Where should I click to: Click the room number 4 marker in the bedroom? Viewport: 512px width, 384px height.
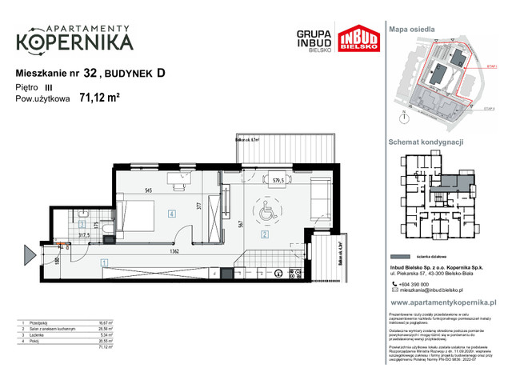pos(172,214)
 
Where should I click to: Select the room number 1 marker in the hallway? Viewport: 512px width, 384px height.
pos(103,262)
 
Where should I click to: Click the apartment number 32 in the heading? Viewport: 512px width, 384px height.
pos(90,73)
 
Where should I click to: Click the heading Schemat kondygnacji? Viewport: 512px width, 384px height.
pos(426,142)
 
